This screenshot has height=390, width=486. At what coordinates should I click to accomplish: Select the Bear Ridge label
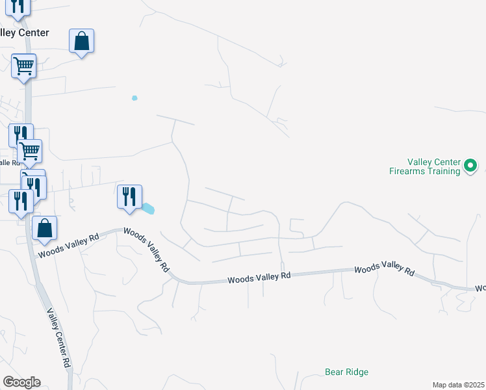(346, 372)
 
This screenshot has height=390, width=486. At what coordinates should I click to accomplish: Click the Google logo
(21, 382)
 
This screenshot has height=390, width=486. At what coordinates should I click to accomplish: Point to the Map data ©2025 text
(459, 385)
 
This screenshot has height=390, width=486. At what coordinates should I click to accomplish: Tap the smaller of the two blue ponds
(134, 98)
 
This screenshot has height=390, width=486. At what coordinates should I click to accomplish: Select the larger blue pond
(149, 209)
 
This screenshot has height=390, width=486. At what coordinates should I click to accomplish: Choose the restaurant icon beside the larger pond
(129, 196)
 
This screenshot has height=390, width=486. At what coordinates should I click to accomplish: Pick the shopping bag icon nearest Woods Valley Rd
(44, 228)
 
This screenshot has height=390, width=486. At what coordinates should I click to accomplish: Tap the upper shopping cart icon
(23, 65)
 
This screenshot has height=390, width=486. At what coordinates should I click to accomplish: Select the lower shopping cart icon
(30, 151)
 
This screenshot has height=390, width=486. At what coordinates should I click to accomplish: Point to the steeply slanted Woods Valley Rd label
(146, 250)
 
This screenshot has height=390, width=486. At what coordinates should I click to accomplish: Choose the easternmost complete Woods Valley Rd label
(384, 269)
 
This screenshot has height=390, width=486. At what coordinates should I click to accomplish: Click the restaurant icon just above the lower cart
(21, 135)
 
